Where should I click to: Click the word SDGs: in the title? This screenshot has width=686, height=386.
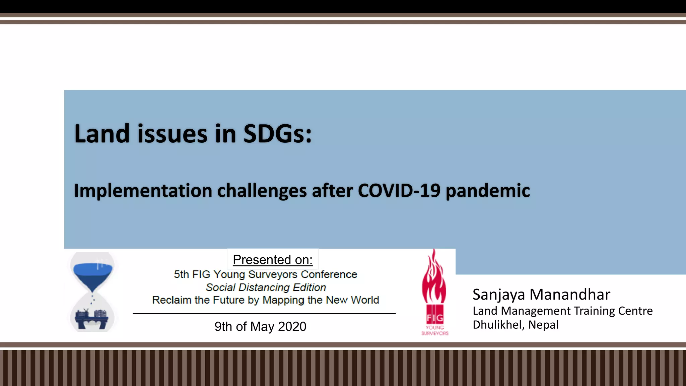coord(277,134)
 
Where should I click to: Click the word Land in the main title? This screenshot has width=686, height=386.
coord(101,134)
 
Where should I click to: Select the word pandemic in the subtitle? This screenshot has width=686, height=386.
coord(488,191)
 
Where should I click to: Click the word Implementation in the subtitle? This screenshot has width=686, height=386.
coord(143,191)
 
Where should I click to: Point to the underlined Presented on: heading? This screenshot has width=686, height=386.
coord(273,260)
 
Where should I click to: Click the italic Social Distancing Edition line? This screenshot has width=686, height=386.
coord(266,287)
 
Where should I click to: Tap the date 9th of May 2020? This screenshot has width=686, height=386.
coord(260,326)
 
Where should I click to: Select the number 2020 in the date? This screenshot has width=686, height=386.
coord(292,326)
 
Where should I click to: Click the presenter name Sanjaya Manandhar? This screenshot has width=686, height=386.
coord(541,295)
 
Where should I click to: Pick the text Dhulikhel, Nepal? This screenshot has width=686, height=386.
coord(516,325)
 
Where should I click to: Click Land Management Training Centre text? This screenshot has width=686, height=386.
coord(562,311)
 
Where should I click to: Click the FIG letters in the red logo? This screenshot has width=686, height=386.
coord(435,317)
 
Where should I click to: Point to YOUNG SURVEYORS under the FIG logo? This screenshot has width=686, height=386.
coord(435,330)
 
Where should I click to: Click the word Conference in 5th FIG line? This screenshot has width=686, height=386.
coord(329,274)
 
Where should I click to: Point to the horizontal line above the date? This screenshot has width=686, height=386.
coord(264,314)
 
